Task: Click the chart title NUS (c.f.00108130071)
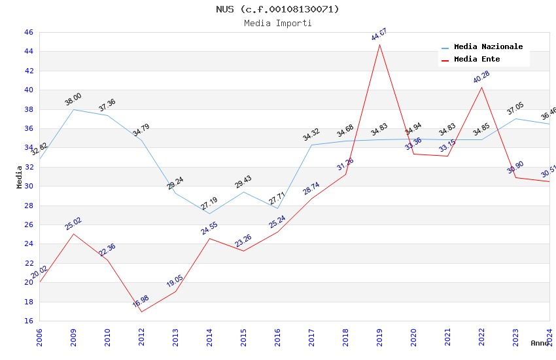(278, 9)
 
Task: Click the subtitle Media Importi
(278, 23)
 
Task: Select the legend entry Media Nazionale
(488, 47)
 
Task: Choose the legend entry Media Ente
(477, 59)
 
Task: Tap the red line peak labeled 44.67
(379, 44)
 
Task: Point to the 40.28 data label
(481, 77)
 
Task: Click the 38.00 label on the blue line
(73, 99)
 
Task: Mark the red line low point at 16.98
(141, 311)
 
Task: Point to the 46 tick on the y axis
(28, 32)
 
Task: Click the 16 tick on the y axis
(28, 321)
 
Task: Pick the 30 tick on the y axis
(28, 186)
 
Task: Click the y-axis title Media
(20, 177)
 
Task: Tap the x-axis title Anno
(540, 343)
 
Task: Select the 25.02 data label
(73, 224)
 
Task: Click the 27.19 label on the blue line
(209, 204)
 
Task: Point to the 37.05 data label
(515, 109)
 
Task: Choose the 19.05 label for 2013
(175, 281)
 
